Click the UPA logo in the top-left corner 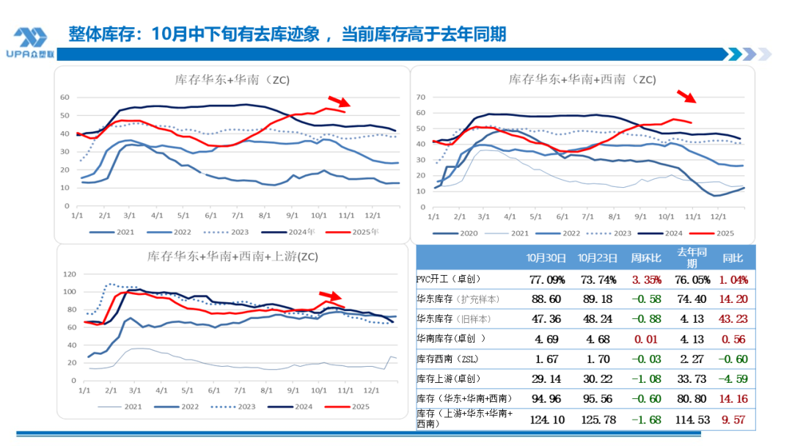[x=30, y=43]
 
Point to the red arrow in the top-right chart [x=686, y=96]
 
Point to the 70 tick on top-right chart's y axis [x=421, y=97]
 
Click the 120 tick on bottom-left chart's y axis [x=71, y=274]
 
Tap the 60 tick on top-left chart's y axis [x=64, y=97]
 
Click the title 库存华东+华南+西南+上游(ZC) [x=232, y=256]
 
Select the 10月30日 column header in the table [x=546, y=258]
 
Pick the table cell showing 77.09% [x=547, y=280]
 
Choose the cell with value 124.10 [x=547, y=420]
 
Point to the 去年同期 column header [x=692, y=258]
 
